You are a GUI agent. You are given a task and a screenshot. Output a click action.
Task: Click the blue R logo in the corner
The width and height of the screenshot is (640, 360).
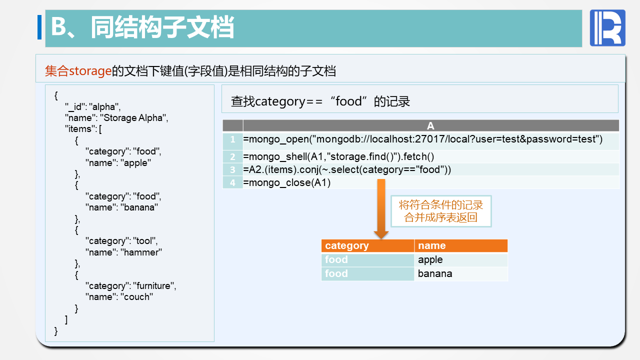coord(607,28)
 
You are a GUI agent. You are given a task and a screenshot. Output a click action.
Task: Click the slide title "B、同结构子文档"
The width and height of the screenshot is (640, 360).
coord(142,28)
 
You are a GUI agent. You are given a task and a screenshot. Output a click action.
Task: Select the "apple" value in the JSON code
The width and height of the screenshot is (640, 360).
coord(136,162)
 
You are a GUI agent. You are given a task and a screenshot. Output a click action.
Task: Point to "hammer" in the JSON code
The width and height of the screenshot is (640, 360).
coord(141,252)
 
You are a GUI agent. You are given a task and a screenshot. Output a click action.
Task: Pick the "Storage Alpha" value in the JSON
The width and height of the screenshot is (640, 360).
coord(134,118)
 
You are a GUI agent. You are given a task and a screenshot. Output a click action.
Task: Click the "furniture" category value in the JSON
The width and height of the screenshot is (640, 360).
coord(154,285)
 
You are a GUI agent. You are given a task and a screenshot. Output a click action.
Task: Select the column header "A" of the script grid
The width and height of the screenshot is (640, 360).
coord(430,126)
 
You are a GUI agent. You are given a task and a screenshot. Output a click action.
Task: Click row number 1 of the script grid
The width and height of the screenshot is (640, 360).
coord(232,139)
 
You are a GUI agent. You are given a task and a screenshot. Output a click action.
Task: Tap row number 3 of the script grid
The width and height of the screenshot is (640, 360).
coord(232,169)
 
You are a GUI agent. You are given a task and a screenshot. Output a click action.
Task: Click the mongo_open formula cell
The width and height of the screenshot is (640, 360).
coord(422,139)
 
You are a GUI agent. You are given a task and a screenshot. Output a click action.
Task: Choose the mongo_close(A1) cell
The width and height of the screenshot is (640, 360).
coord(287,182)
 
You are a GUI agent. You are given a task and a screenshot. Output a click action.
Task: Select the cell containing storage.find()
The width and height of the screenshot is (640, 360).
coord(338,156)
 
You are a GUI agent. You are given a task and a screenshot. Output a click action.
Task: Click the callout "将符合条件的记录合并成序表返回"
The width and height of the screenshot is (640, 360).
coord(440,211)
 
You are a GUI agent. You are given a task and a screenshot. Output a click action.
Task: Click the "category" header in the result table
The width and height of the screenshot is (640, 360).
coord(347,245)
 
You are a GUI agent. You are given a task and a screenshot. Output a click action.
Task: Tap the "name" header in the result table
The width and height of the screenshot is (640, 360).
coord(431,245)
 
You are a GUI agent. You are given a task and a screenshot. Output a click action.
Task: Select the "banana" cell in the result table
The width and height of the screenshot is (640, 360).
coord(435,273)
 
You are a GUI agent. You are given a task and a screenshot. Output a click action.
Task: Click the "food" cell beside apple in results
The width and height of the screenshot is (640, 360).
coord(336,259)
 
